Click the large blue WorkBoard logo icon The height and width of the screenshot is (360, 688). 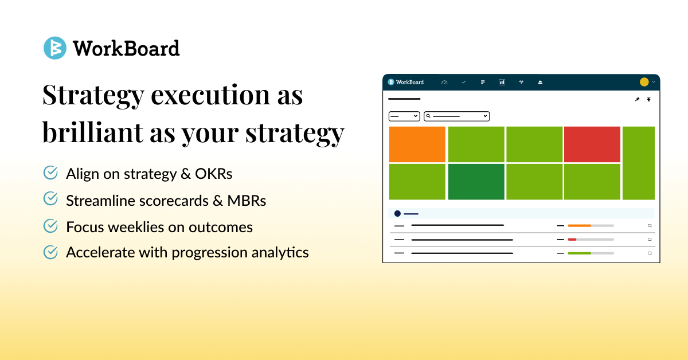[x=55, y=48]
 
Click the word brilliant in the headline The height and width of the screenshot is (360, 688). [x=92, y=132]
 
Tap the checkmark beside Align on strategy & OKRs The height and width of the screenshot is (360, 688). [x=50, y=173]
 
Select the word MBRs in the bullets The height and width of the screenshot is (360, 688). [x=247, y=201]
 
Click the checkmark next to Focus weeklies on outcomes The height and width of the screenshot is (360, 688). [x=50, y=226]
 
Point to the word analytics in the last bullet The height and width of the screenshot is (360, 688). [x=280, y=252]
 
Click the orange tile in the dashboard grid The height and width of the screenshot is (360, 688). [x=417, y=144]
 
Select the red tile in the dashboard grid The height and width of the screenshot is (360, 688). [x=592, y=144]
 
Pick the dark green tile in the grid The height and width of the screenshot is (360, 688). [x=476, y=182]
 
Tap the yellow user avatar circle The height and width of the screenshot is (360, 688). [x=644, y=82]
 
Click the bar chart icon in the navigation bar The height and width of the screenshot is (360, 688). [x=502, y=82]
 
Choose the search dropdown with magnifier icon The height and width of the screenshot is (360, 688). [x=457, y=116]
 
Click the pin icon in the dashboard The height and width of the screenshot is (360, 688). [x=638, y=99]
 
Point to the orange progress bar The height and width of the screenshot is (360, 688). [x=579, y=226]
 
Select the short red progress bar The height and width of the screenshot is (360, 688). [x=572, y=240]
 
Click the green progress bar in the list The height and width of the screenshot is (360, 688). [x=579, y=253]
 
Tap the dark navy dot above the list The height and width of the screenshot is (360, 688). [x=397, y=213]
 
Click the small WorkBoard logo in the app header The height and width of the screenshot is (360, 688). [x=406, y=82]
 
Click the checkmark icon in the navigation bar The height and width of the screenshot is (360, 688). [x=464, y=82]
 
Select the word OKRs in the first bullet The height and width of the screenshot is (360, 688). [x=213, y=174]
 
